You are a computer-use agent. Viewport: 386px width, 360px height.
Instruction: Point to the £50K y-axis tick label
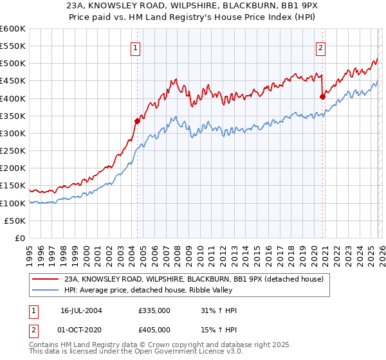point(15,221)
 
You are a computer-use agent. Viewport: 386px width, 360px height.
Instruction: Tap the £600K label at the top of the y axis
point(13,30)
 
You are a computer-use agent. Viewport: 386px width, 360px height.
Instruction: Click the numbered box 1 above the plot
point(136,47)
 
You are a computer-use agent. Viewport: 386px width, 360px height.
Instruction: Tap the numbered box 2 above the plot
point(320,47)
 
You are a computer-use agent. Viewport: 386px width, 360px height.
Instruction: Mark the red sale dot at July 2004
point(137,121)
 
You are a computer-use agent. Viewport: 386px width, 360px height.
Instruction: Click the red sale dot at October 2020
point(322,96)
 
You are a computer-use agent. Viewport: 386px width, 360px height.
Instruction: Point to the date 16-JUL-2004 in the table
point(81,310)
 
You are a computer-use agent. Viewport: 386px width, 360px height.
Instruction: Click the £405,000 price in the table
point(154,329)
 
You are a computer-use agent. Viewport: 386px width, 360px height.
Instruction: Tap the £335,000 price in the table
point(154,310)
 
